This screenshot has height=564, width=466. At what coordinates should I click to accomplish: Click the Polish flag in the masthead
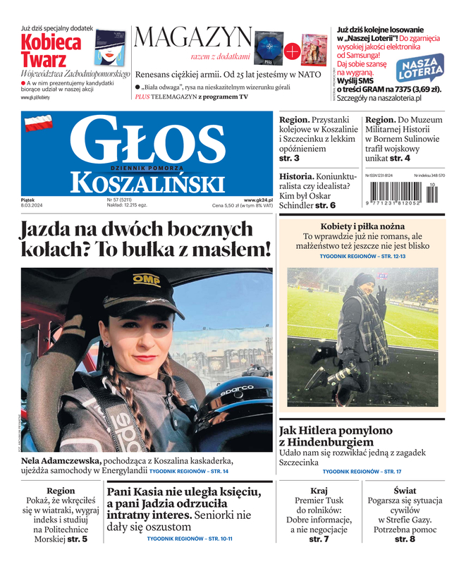point(39,125)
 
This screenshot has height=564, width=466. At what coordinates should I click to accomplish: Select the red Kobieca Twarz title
point(51,50)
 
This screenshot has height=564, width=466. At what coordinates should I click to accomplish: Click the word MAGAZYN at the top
point(192,37)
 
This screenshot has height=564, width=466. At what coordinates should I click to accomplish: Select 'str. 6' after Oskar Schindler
point(325,205)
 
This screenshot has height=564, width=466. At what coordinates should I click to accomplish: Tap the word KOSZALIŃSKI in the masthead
point(147,184)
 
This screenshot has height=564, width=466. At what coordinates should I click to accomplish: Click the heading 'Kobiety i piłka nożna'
point(362,225)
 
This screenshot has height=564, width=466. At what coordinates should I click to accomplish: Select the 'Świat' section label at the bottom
point(405,490)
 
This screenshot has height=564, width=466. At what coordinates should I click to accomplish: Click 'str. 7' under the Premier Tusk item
point(319,539)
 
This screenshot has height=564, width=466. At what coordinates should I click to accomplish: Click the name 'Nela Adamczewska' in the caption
point(61,461)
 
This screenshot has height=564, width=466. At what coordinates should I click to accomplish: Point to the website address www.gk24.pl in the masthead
point(258,200)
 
